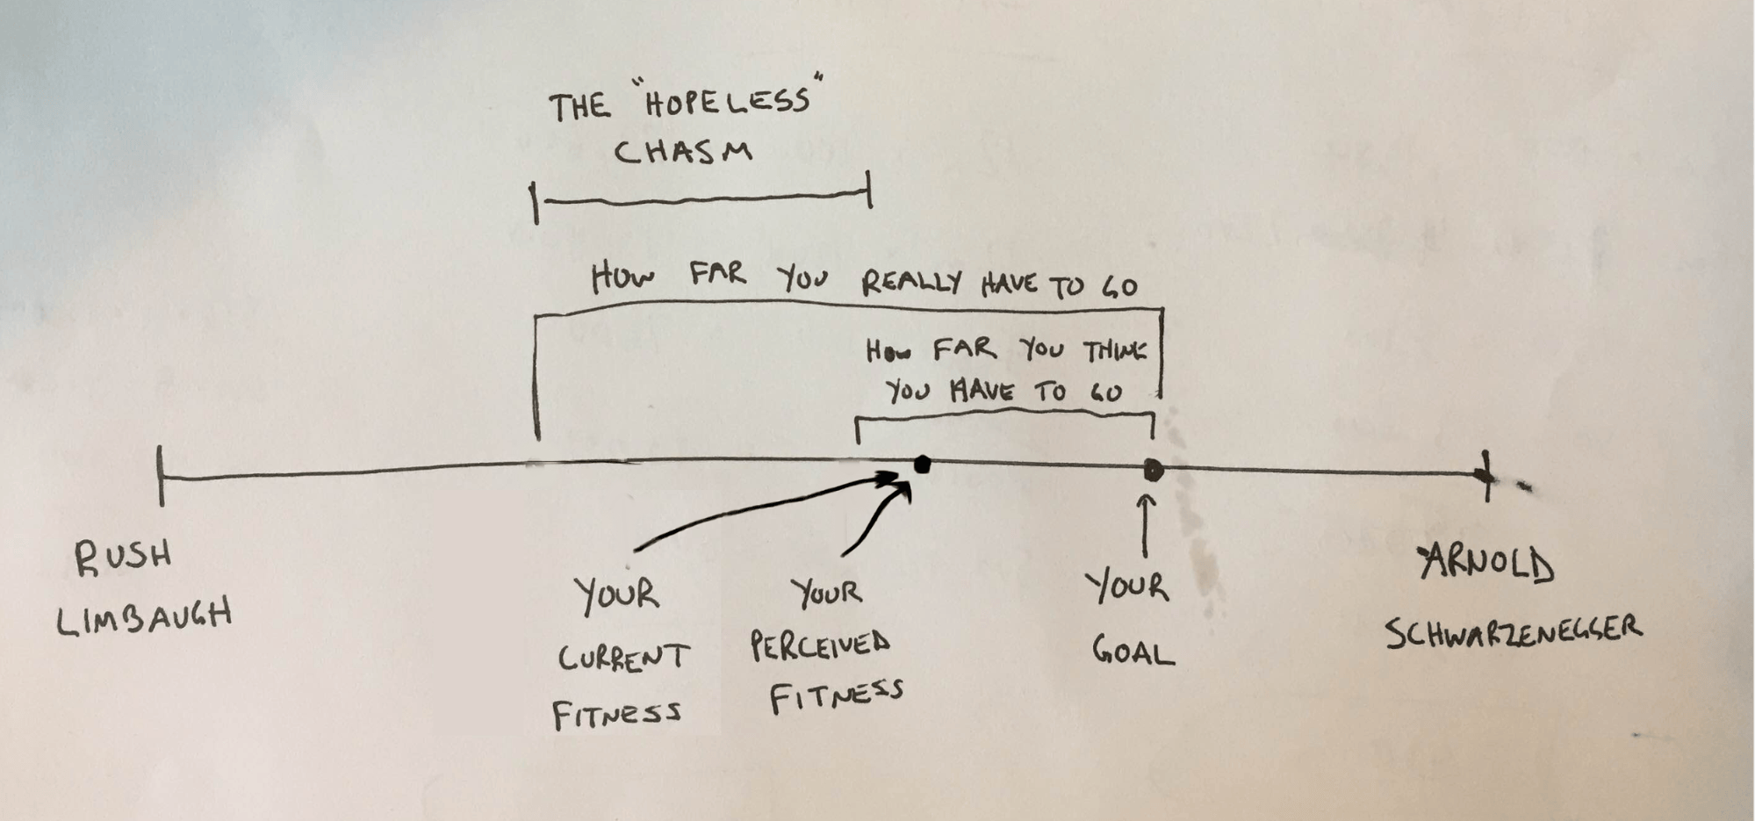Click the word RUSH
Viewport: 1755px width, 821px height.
click(123, 558)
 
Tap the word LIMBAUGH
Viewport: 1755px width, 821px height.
click(145, 616)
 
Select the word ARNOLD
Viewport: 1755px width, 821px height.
click(1486, 565)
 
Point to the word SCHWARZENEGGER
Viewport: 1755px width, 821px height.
click(1514, 631)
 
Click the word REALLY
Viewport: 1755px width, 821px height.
click(911, 283)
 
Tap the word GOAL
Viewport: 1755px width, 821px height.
click(1133, 651)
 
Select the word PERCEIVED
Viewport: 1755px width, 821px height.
click(820, 645)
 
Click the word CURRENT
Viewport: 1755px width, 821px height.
click(623, 657)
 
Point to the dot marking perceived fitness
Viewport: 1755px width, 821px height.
click(922, 465)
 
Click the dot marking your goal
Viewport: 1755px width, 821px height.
click(1154, 471)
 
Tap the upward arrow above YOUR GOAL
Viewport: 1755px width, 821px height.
click(1145, 525)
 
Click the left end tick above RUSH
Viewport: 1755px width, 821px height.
click(160, 476)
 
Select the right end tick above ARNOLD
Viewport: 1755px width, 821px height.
click(1485, 476)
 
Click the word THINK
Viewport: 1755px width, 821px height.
click(1115, 352)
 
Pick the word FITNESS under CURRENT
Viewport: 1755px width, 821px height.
click(616, 714)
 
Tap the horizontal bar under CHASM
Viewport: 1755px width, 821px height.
click(702, 200)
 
